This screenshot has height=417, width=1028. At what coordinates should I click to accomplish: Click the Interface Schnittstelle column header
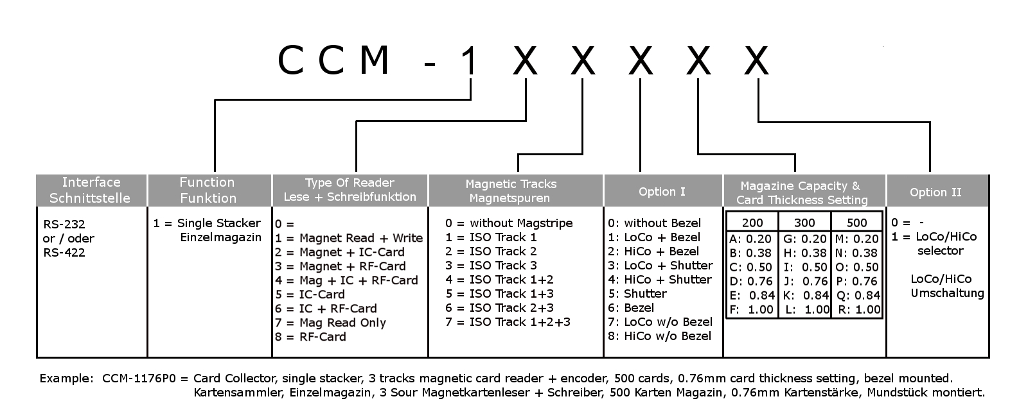(91, 190)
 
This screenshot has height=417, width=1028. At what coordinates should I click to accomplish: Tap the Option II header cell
(935, 192)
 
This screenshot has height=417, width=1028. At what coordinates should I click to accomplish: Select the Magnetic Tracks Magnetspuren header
(511, 191)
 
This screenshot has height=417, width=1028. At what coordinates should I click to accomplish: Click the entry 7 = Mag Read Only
(330, 323)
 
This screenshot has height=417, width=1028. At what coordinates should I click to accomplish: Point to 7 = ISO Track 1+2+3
(508, 322)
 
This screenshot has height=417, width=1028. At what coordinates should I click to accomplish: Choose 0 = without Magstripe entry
(509, 223)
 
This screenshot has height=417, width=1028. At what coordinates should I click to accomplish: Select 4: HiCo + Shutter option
(660, 280)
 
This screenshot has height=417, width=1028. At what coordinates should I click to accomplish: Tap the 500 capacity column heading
(856, 223)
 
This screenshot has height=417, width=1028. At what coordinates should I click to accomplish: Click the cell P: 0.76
(856, 281)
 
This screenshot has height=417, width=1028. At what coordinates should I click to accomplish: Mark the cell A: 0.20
(750, 239)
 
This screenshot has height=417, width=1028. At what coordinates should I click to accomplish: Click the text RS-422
(64, 252)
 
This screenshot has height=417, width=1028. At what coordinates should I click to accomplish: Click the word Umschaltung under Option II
(947, 293)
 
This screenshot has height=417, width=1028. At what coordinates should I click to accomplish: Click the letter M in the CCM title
(374, 62)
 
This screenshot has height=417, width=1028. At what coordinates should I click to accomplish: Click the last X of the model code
(756, 62)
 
